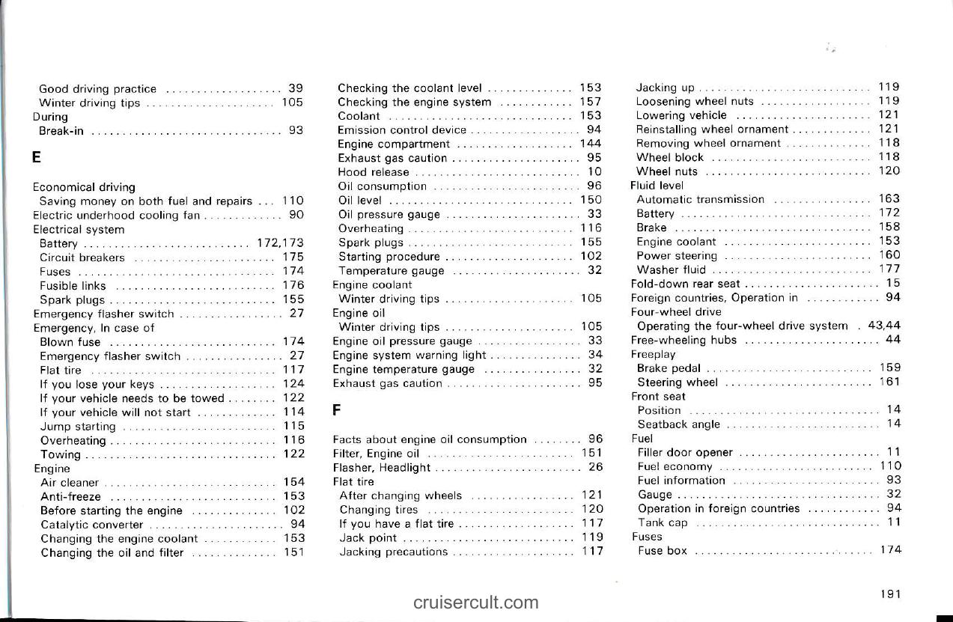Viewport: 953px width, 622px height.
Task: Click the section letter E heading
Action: pos(37,159)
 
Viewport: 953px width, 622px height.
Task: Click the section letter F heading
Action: pos(337,411)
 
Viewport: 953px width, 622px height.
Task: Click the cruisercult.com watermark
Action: pos(475,602)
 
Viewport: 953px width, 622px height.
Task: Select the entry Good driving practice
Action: pos(97,89)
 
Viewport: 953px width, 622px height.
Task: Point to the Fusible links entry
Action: pos(73,286)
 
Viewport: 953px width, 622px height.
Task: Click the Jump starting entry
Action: pos(78,427)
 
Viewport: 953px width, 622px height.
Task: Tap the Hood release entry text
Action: pos(374,172)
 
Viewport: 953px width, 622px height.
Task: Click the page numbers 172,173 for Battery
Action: pos(280,243)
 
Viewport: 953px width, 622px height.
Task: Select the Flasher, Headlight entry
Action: pos(382,468)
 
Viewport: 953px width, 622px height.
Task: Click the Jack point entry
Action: pos(368,538)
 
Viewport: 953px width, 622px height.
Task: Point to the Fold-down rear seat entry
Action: pos(685,284)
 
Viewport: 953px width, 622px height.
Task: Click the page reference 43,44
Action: pos(883,326)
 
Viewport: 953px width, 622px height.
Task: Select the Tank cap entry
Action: pos(662,522)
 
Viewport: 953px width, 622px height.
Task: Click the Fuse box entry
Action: pos(662,551)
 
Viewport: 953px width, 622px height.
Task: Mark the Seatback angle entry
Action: pos(678,424)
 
